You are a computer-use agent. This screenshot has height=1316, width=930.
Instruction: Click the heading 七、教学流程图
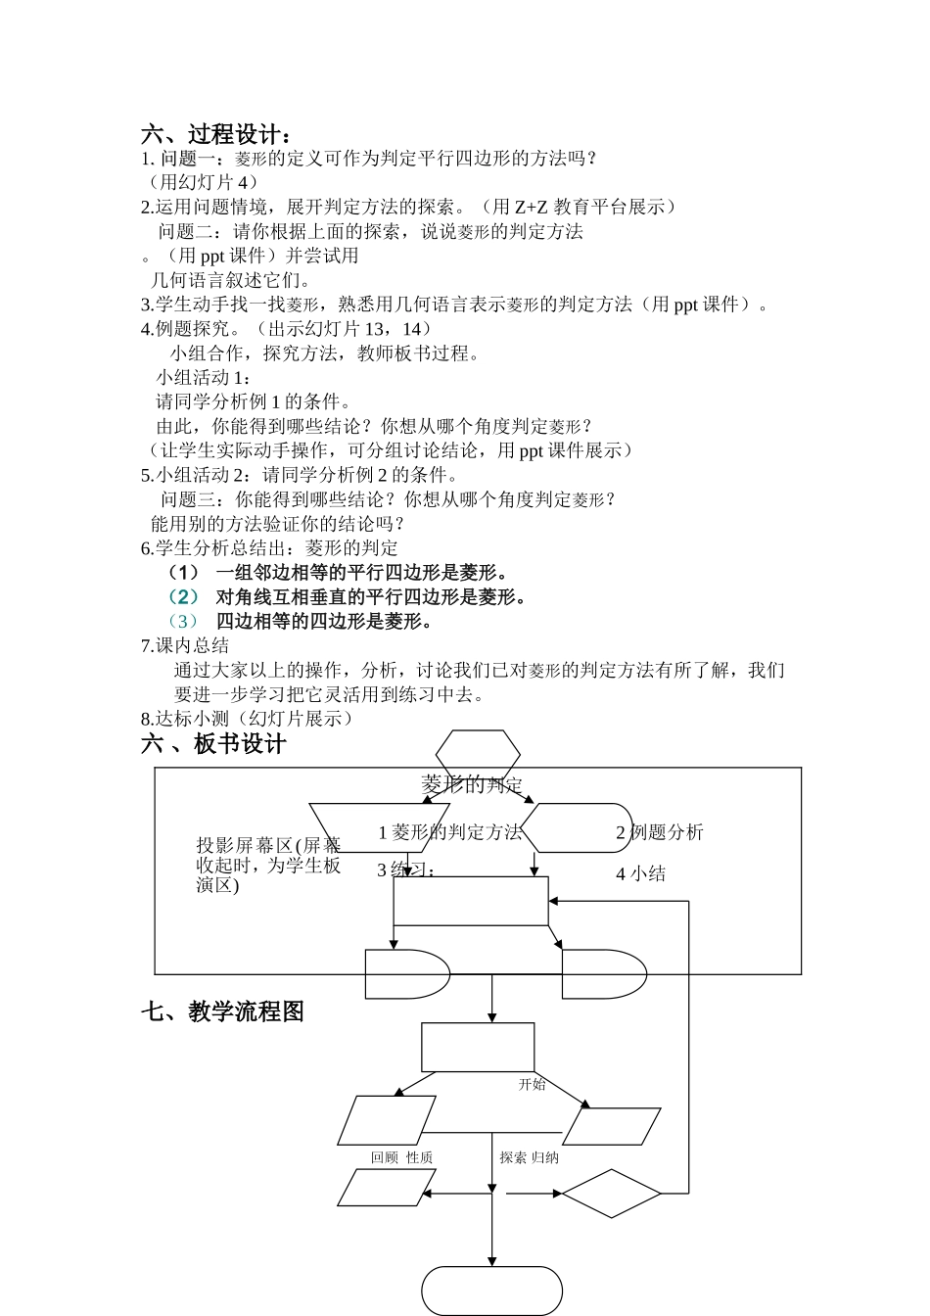tap(222, 1011)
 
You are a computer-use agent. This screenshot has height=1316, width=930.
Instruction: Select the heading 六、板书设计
tap(213, 744)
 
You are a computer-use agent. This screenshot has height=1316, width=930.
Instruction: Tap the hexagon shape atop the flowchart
tap(478, 755)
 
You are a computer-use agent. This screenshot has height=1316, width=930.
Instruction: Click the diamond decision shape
tap(611, 1194)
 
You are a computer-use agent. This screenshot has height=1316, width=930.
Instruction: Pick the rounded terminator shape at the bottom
tap(491, 1291)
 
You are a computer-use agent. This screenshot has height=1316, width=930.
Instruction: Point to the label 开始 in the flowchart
tap(532, 1085)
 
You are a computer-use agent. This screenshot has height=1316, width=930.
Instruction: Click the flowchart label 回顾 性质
tap(401, 1157)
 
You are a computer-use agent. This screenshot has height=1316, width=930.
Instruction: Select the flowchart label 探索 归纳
tap(529, 1157)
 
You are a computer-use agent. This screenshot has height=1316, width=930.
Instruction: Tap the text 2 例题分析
tap(659, 832)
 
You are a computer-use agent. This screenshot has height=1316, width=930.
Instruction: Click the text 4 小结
tap(640, 873)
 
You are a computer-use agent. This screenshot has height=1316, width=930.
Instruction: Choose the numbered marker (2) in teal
tap(183, 596)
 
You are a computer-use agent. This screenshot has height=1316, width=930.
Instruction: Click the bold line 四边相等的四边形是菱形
tap(324, 621)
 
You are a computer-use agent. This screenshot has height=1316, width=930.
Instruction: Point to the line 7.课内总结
tap(185, 645)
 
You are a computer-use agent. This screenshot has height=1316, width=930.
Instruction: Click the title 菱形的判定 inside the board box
tap(472, 783)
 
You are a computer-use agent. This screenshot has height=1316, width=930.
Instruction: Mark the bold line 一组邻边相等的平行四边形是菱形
tap(362, 572)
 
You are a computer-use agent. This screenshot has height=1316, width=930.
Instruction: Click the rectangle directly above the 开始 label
tap(478, 1047)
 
